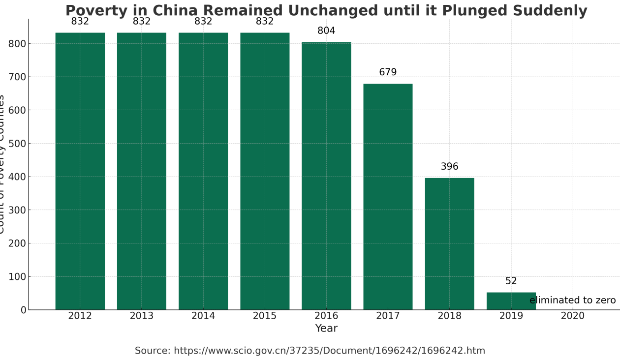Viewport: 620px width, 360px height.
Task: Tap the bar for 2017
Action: click(388, 197)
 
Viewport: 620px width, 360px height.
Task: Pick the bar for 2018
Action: click(449, 243)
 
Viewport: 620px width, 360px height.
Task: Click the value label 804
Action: click(326, 31)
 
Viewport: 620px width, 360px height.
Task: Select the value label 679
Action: click(388, 72)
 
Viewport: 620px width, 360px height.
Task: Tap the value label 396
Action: click(449, 167)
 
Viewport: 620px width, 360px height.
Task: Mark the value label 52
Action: click(511, 281)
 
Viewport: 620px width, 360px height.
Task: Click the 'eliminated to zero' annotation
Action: click(572, 300)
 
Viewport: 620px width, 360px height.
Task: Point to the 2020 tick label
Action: click(572, 316)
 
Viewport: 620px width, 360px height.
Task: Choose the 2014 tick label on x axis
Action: click(203, 316)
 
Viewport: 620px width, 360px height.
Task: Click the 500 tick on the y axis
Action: click(17, 144)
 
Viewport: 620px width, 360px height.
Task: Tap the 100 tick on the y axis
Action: click(17, 277)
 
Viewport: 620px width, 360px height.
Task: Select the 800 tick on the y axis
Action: click(17, 44)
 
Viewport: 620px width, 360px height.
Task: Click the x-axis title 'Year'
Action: click(326, 329)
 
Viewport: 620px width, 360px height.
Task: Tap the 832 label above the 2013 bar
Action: click(142, 22)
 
